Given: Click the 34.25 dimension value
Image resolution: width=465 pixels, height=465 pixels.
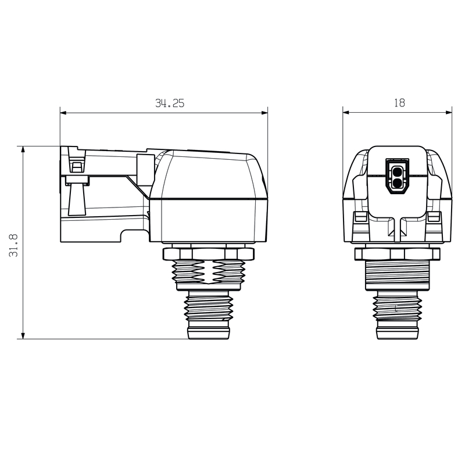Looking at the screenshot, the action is [170, 103].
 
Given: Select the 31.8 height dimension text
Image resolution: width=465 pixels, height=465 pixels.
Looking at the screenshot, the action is [13, 245].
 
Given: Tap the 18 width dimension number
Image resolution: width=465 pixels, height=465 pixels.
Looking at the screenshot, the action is [399, 103].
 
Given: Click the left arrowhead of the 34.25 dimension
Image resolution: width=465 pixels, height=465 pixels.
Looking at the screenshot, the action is [64, 113].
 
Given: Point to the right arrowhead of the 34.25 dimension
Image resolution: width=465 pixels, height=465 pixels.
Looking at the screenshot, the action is [264, 113].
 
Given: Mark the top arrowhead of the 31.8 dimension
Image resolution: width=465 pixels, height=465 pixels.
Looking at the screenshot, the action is [23, 150].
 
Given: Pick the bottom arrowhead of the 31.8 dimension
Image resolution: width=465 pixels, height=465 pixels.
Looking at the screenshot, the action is [23, 335].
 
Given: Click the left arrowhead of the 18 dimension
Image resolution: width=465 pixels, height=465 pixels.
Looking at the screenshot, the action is [346, 112].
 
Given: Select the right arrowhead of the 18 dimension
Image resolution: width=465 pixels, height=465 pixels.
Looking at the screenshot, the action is [448, 112].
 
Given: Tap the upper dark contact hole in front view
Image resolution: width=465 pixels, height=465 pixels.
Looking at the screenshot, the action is [397, 171].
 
